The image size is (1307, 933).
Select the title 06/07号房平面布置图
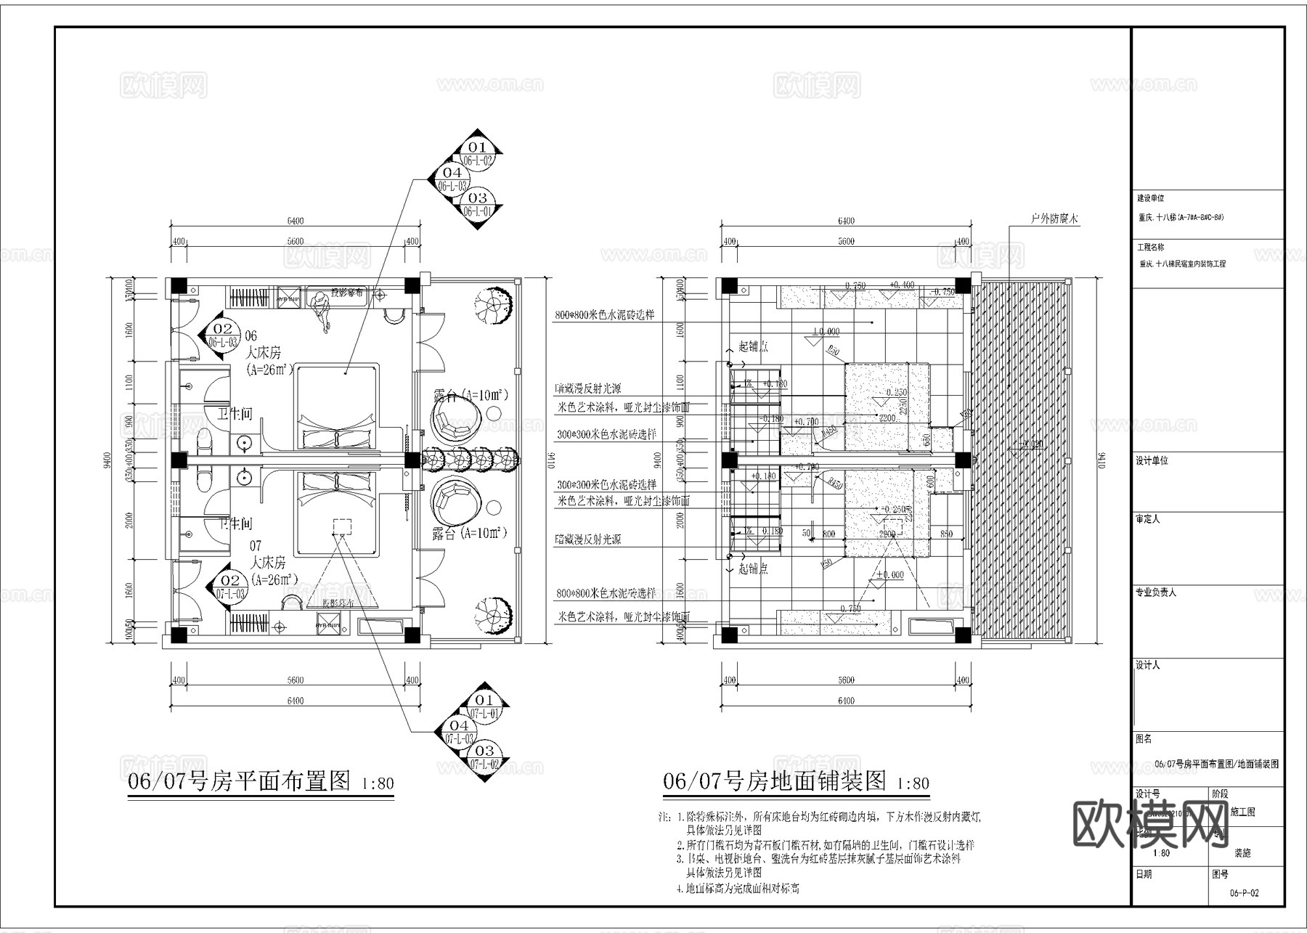[x=240, y=781]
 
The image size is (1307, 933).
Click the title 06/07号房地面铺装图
[x=775, y=781]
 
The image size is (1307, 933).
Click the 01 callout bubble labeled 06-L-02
[x=477, y=153]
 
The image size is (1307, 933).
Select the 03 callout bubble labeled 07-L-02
[x=484, y=757]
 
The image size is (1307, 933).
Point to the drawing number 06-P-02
[x=1245, y=893]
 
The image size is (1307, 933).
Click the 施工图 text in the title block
[x=1242, y=812]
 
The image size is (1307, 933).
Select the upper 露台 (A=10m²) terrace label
[x=469, y=396]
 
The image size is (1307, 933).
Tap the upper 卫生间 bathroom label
[x=235, y=414]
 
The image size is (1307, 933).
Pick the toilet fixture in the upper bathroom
[x=204, y=440]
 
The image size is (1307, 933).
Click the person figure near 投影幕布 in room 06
[x=320, y=309]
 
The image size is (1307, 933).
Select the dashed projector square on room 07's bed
[x=341, y=526]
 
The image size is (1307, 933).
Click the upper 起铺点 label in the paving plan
[x=753, y=346]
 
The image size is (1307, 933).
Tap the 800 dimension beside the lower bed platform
[x=828, y=534]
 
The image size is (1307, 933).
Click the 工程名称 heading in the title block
[x=1151, y=248]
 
